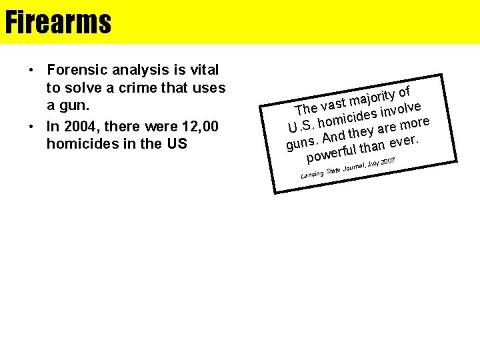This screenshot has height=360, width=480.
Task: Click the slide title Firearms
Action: click(x=58, y=22)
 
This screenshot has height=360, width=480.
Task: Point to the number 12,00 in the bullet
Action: click(x=199, y=127)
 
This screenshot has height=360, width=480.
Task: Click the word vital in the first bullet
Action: click(x=205, y=69)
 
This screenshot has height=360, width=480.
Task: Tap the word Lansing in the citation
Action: click(x=312, y=174)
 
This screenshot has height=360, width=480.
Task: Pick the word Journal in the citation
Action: click(x=354, y=167)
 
